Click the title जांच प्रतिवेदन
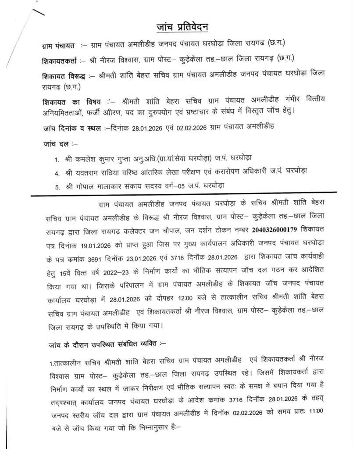pyautogui.click(x=183, y=27)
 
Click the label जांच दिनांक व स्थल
pyautogui.click(x=71, y=128)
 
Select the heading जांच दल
pyautogui.click(x=55, y=143)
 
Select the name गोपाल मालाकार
pyautogui.click(x=96, y=185)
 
